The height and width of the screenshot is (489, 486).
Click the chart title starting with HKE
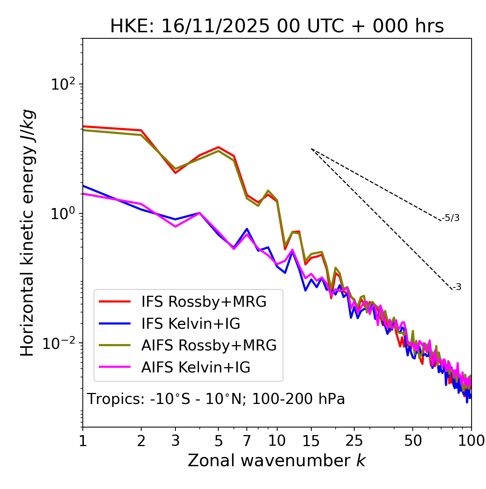(x=277, y=26)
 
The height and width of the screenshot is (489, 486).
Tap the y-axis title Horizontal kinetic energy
(x=28, y=233)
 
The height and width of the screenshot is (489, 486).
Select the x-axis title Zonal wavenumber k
(x=277, y=461)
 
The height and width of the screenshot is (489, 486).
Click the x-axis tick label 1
(x=83, y=441)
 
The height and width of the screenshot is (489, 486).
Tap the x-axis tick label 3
(x=175, y=441)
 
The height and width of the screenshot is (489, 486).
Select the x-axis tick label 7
(x=247, y=441)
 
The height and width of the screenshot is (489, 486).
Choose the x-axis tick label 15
(x=311, y=441)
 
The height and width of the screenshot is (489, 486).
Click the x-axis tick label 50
(x=413, y=441)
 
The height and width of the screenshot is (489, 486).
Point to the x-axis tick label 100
(x=471, y=441)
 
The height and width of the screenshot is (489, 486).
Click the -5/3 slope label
(x=451, y=218)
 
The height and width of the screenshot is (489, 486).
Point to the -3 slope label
(x=457, y=287)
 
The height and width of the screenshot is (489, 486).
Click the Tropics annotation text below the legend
(x=216, y=399)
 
